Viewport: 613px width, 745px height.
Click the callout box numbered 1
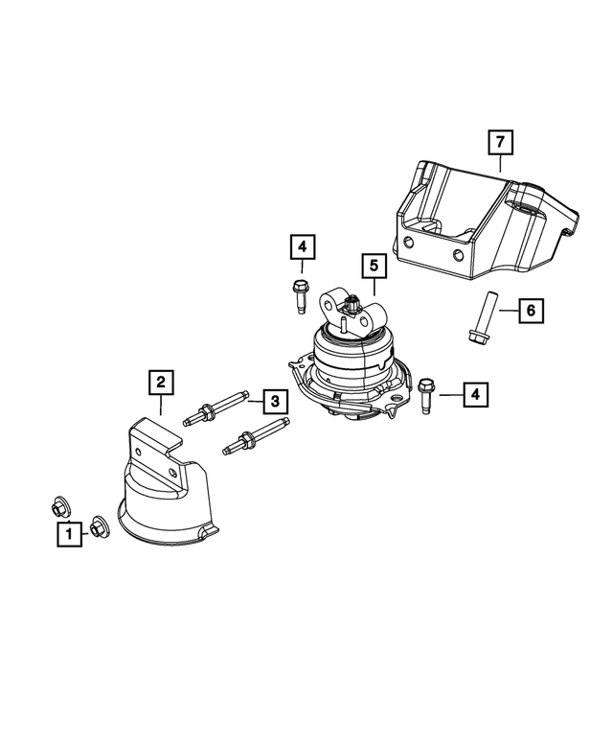(69, 534)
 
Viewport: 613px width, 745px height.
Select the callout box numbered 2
(161, 384)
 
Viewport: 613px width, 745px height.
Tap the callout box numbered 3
(273, 400)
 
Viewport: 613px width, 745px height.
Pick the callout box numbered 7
(499, 143)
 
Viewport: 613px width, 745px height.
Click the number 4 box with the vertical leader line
(302, 248)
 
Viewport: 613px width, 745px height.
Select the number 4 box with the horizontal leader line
(473, 393)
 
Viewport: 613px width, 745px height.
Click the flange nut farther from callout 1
(59, 504)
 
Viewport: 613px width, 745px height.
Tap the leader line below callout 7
(499, 164)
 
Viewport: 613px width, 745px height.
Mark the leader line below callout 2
(161, 407)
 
